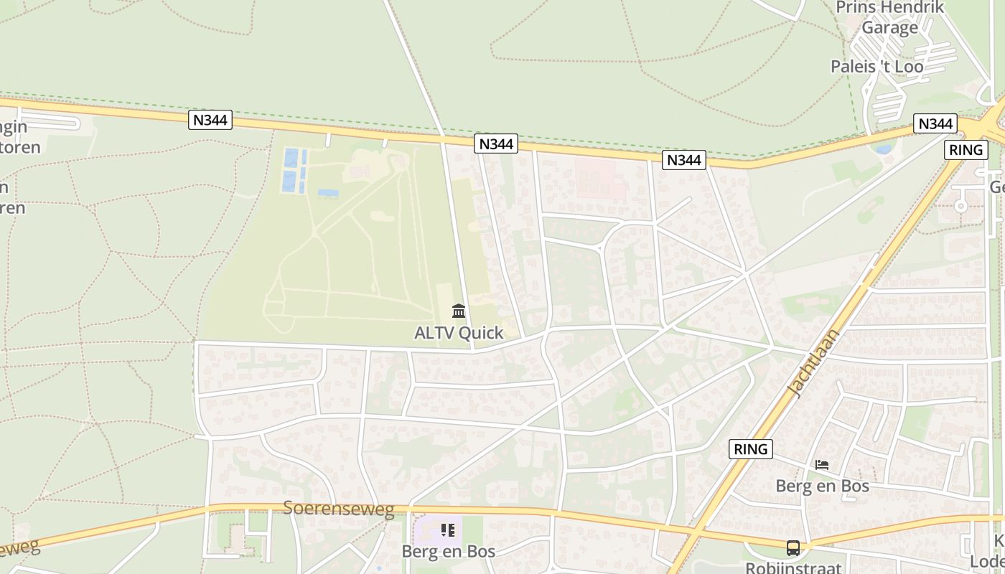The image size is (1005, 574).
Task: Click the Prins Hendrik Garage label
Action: click(x=889, y=17)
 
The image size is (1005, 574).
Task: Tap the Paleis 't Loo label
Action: click(x=877, y=67)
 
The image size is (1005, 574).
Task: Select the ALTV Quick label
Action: click(x=459, y=333)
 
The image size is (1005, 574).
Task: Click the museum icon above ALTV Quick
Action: click(x=459, y=311)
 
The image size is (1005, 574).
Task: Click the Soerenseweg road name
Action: click(x=339, y=509)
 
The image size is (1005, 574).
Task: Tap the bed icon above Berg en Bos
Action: click(x=822, y=465)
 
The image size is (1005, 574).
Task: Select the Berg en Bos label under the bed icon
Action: click(x=822, y=486)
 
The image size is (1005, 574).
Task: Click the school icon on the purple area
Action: click(x=448, y=530)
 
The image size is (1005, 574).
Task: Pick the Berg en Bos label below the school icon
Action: click(x=448, y=551)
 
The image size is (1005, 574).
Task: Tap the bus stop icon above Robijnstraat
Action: click(x=793, y=547)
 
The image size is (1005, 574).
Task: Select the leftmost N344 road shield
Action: click(x=210, y=120)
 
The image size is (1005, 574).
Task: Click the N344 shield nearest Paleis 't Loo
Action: click(x=935, y=124)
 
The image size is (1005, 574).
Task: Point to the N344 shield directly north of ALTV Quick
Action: click(x=496, y=144)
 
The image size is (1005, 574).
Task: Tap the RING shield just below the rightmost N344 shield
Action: click(x=966, y=150)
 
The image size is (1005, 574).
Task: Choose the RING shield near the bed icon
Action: click(x=751, y=449)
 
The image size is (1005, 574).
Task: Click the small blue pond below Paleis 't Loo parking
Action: click(x=884, y=149)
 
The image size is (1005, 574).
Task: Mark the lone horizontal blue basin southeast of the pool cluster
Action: click(x=328, y=193)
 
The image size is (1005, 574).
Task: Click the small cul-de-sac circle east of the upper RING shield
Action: click(x=960, y=205)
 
